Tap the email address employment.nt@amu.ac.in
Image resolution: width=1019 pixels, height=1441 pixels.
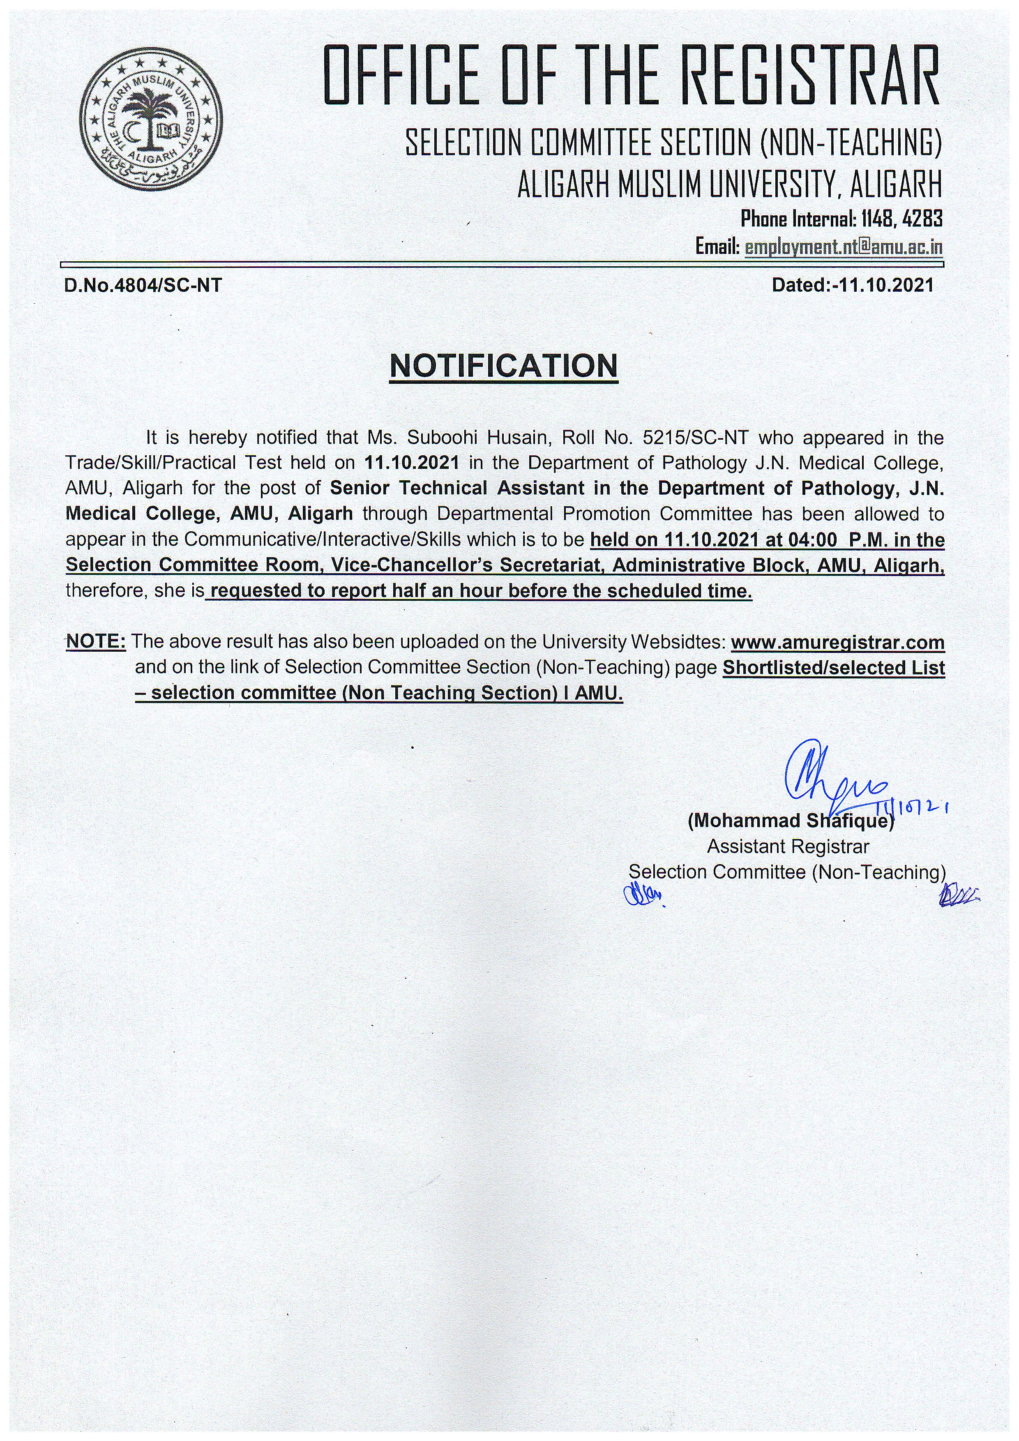click(843, 247)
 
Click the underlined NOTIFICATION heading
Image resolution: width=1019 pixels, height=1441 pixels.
click(503, 366)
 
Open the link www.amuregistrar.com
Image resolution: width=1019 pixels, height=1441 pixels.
click(838, 642)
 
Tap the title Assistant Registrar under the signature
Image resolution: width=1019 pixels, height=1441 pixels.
click(788, 847)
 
